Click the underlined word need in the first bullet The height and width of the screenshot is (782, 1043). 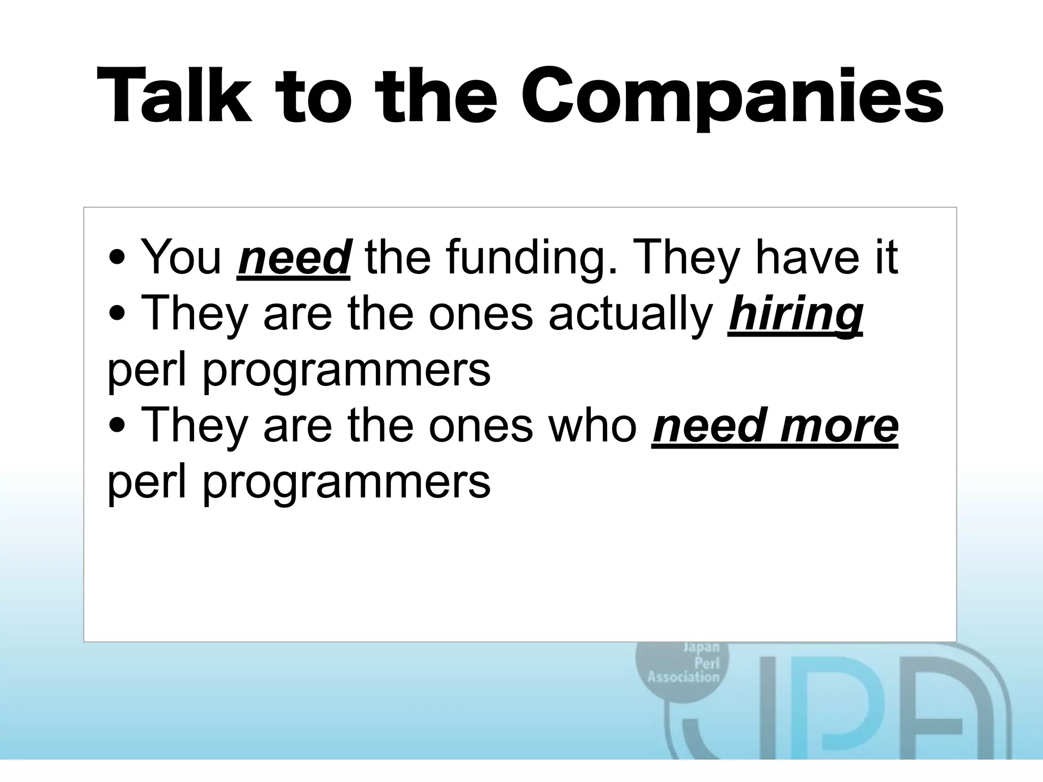coord(293,258)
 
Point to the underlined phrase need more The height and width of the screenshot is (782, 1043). coord(775,426)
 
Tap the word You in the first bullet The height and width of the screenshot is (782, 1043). coord(181,258)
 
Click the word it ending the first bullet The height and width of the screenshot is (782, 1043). coord(886,258)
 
